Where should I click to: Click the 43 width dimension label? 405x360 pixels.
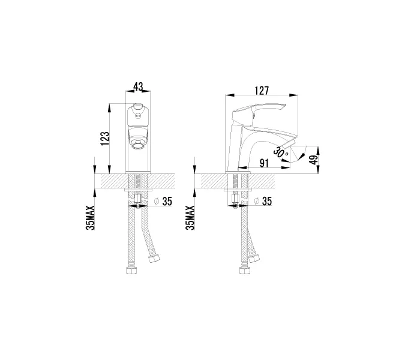pos(138,87)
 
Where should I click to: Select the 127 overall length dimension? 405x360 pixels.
pos(262,91)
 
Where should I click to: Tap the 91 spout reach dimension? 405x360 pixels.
pos(264,163)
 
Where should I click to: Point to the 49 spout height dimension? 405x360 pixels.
pos(314,160)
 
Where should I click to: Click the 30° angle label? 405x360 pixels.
pos(280,152)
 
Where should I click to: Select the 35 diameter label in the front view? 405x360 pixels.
pos(167,202)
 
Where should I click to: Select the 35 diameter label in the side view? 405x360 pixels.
pos(267,201)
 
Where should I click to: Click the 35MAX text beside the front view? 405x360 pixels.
pos(91,218)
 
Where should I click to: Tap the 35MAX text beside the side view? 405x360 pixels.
pos(190,218)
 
